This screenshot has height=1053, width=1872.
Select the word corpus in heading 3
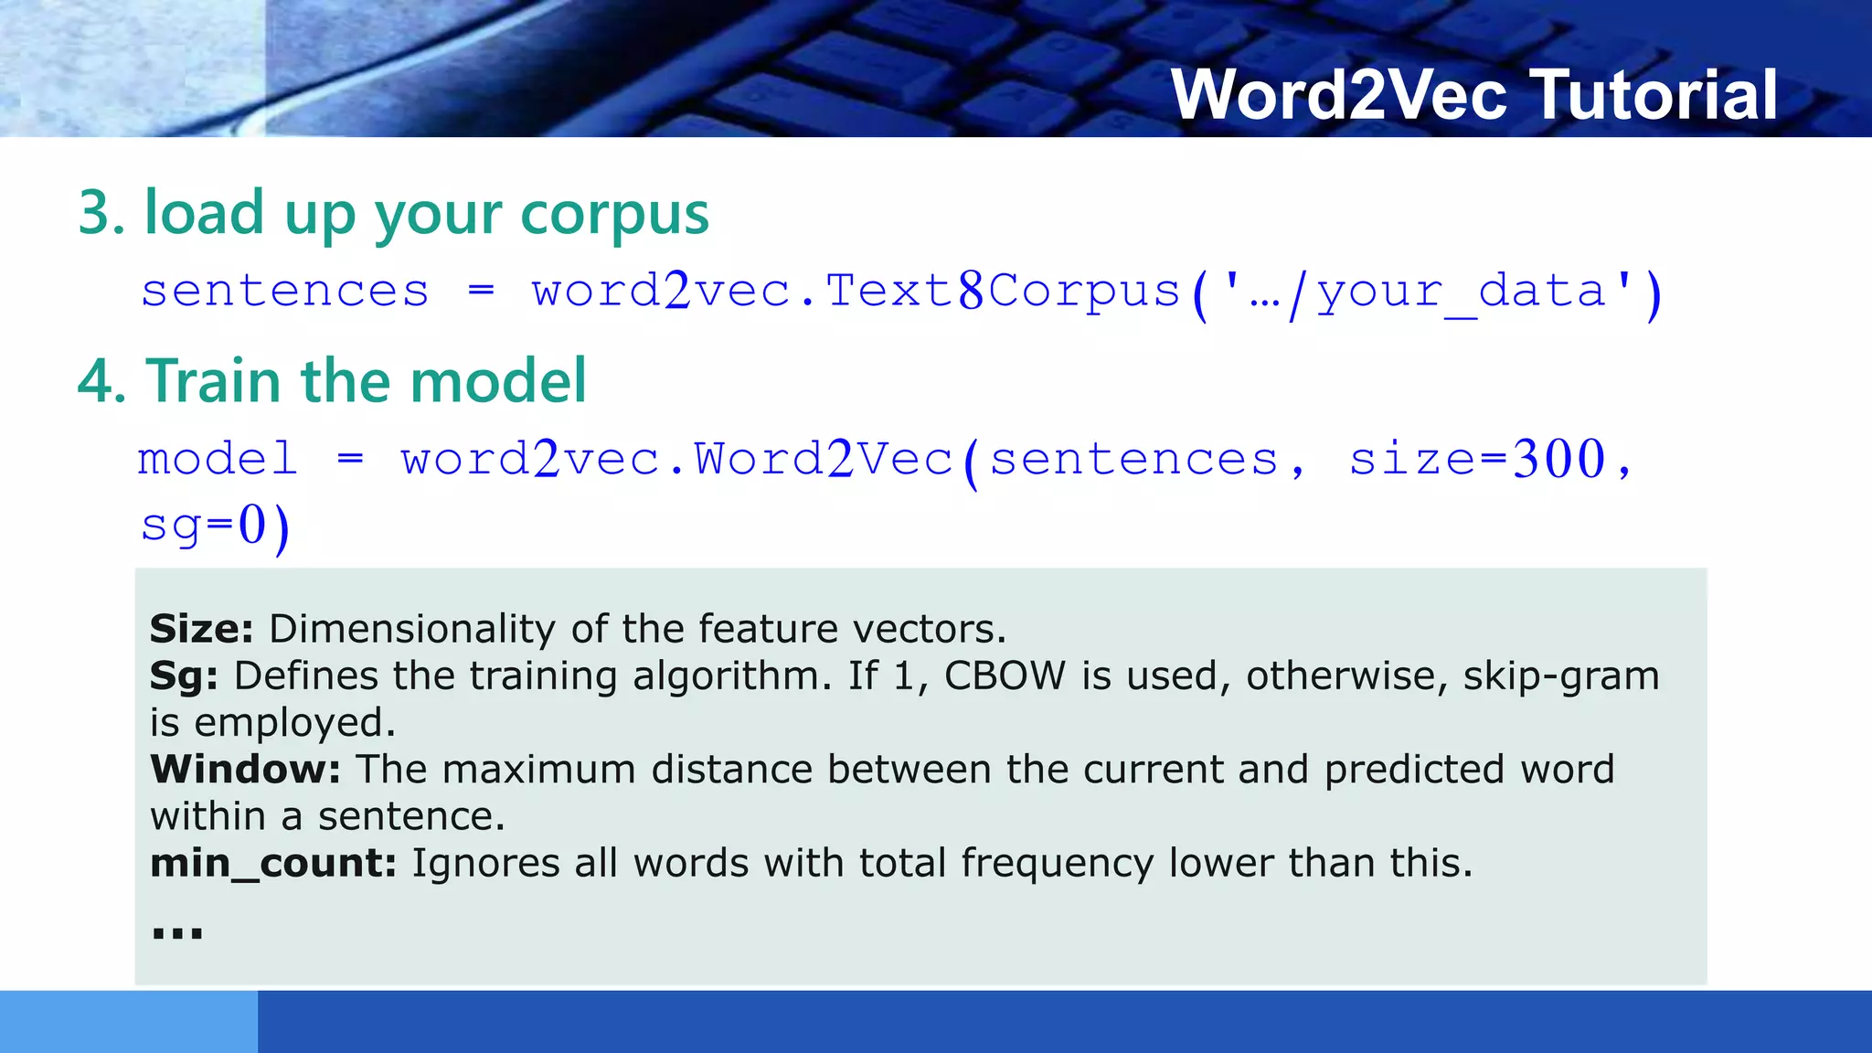614,214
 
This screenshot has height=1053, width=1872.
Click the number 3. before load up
101,213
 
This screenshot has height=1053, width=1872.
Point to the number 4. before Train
101,381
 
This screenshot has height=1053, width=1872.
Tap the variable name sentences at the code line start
284,292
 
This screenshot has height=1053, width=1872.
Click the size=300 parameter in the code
1477,459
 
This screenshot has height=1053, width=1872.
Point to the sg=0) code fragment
216,526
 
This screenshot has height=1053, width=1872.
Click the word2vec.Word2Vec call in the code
676,459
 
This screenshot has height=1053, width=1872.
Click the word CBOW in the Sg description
1005,676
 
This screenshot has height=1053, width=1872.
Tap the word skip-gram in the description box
1561,676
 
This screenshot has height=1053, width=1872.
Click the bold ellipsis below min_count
176,933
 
